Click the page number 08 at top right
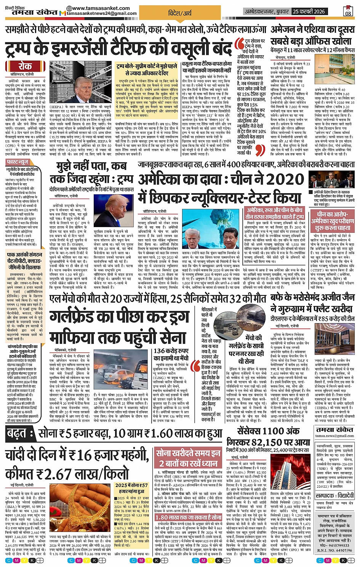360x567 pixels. pyautogui.click(x=348, y=13)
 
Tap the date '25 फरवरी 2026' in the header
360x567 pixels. pyautogui.click(x=309, y=11)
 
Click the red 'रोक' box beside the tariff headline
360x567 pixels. pyautogui.click(x=25, y=66)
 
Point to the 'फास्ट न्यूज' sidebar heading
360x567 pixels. pyautogui.click(x=18, y=162)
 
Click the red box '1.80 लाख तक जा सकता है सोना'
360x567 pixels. pyautogui.click(x=189, y=517)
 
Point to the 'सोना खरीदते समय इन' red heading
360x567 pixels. pyautogui.click(x=189, y=453)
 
